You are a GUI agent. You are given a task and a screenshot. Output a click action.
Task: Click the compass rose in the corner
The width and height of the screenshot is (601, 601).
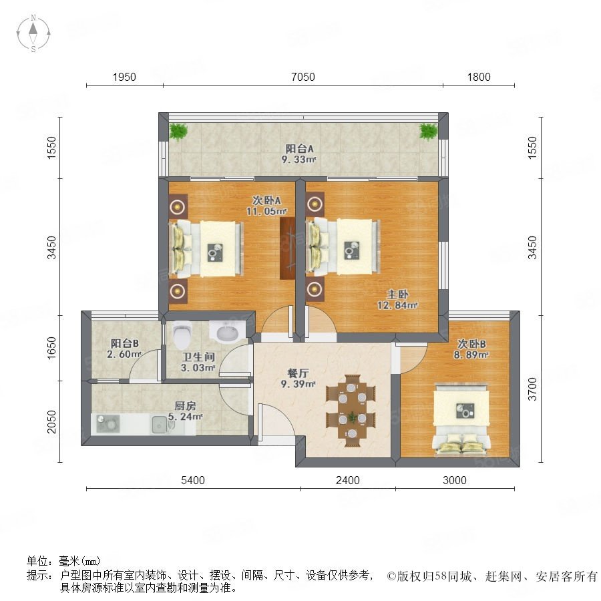point(33,33)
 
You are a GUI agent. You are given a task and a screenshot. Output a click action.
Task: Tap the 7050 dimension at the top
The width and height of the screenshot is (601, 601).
point(303,77)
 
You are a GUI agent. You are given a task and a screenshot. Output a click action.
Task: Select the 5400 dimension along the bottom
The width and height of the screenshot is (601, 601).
point(192,480)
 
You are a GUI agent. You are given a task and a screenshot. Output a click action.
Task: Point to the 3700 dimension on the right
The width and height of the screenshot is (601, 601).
point(532,389)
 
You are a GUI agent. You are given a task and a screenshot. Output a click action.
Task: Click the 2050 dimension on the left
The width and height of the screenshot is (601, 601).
point(51,421)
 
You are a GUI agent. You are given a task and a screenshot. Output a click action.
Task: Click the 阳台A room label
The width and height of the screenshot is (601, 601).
point(299,148)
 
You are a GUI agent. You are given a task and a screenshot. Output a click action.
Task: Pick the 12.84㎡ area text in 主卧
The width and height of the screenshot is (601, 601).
point(397,305)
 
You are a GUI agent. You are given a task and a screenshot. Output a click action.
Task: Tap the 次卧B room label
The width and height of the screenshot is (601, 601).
point(471,344)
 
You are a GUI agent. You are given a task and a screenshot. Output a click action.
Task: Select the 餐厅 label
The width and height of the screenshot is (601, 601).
point(298,373)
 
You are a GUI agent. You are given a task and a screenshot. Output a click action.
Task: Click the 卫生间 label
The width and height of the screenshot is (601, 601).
point(198,357)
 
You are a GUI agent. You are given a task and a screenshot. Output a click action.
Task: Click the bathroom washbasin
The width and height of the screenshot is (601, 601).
point(228,331)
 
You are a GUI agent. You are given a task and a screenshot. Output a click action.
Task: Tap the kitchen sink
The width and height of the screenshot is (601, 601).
point(160,425)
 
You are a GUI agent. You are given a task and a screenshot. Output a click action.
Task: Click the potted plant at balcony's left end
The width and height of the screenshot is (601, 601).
point(178,132)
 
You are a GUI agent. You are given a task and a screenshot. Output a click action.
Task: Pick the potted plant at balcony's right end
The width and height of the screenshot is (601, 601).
point(428,132)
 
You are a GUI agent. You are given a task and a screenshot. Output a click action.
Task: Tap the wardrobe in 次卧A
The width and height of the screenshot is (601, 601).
point(287,248)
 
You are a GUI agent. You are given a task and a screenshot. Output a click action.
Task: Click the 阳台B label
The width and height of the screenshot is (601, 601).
point(125,343)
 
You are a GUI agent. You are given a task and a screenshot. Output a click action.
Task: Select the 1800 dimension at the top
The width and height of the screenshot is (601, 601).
point(479,77)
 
